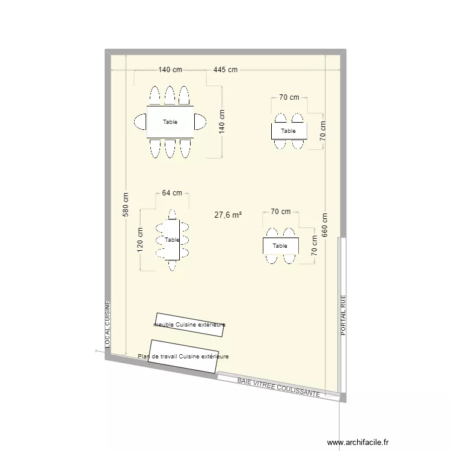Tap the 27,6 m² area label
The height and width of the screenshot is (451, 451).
228,215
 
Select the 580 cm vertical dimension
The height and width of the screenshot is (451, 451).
126,204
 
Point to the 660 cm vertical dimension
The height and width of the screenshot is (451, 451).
325,226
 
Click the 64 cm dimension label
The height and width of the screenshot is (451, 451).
172,193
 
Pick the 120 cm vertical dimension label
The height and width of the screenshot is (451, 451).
140,240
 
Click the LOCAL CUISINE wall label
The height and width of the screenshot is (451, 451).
108,324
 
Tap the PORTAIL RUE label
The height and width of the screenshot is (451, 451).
343,314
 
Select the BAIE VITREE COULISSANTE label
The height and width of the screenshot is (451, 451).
278,387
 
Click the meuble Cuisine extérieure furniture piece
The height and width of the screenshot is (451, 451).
191,325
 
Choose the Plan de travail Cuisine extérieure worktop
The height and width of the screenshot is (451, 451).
183,357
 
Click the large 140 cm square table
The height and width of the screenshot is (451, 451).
170,122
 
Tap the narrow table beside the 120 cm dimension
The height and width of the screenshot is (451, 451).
173,240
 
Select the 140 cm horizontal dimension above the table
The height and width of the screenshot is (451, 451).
170,70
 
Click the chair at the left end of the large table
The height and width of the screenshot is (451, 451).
140,122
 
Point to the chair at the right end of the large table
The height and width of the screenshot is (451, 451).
200,122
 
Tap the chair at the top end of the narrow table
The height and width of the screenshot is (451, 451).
173,214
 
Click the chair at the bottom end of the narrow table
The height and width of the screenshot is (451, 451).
173,265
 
